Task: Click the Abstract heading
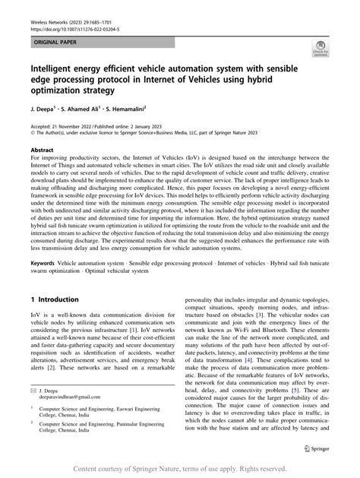coord(42,150)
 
